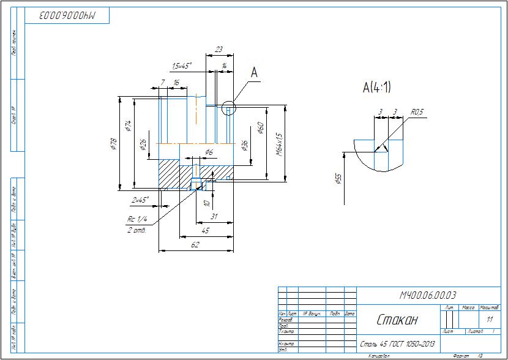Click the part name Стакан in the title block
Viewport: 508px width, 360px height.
pos(396,320)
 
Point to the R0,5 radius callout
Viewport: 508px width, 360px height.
pos(417,113)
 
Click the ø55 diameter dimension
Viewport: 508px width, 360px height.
pos(338,179)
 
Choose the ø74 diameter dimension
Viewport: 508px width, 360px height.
pos(128,126)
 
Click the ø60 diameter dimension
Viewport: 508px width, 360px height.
pos(261,129)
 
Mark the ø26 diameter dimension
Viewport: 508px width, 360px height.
pos(143,144)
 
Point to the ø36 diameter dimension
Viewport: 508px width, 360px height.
pos(245,145)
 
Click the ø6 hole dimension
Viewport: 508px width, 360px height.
pos(208,151)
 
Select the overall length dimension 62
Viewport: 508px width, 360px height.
pos(195,245)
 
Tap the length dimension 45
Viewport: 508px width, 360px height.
pos(206,231)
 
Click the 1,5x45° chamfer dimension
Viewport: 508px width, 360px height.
pos(182,65)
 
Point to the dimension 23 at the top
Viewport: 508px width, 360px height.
pos(219,50)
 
